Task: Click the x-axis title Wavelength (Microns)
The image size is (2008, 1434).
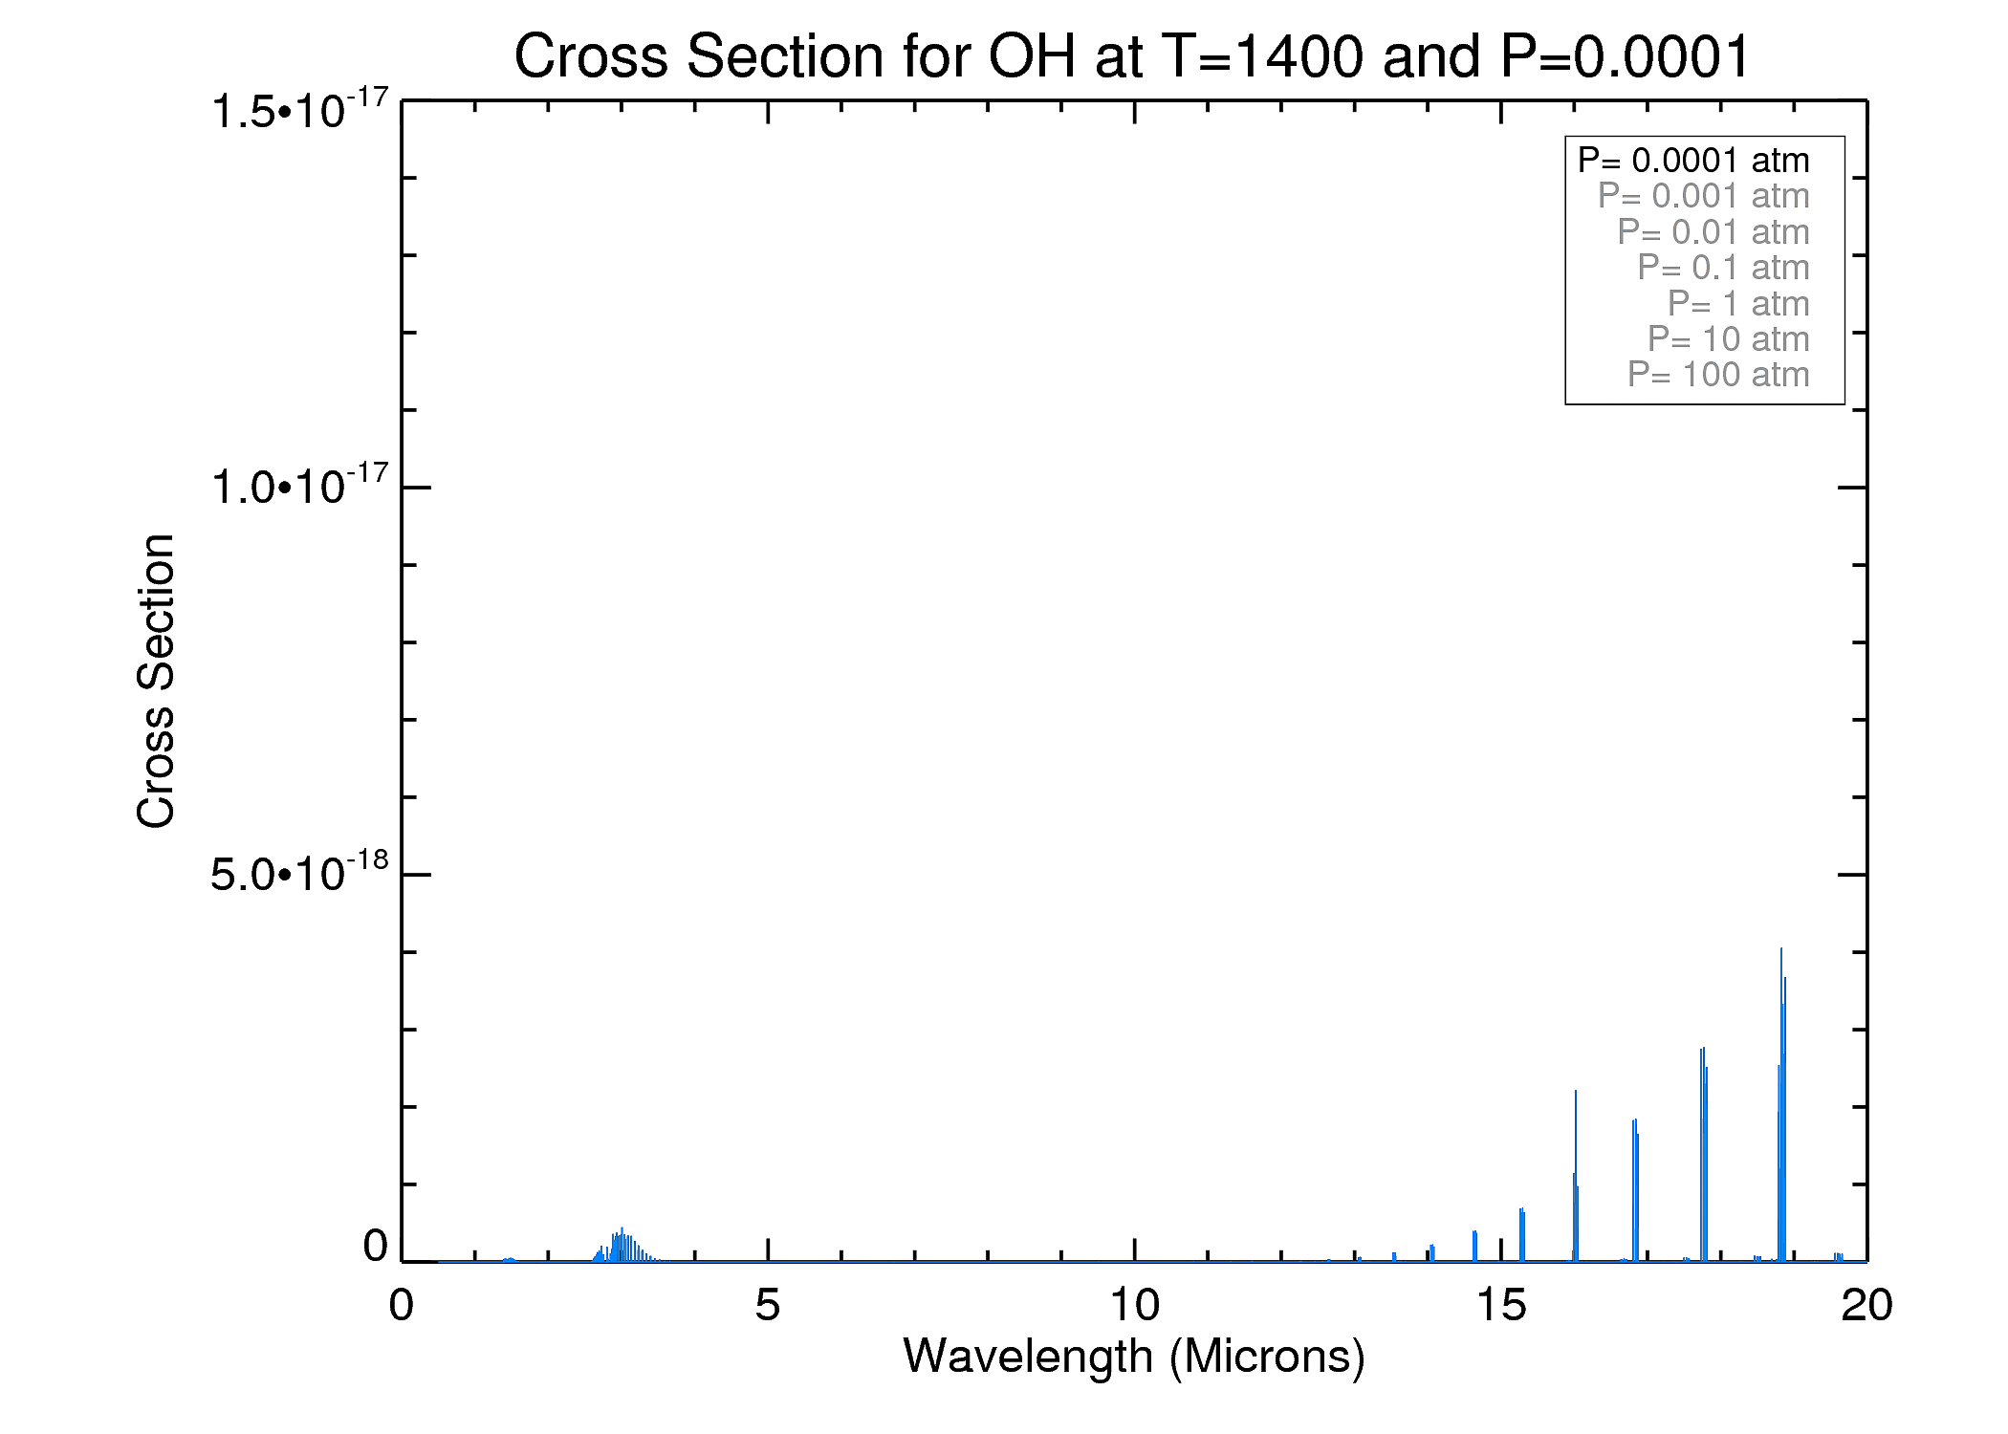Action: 1134,1356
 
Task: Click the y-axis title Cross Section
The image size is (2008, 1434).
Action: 156,681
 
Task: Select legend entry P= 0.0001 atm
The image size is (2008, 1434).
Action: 1693,161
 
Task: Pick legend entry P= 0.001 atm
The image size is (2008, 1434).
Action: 1703,196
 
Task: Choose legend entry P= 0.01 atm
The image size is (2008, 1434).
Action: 1713,232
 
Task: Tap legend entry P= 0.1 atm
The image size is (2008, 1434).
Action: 1723,268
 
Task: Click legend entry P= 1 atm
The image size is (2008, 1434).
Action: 1737,304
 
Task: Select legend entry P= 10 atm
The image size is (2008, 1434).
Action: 1728,339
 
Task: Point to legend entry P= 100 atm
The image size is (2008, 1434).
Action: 1718,375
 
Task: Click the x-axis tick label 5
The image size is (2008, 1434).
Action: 767,1305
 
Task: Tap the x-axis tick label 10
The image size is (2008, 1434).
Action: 1134,1305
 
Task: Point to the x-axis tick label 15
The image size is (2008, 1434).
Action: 1500,1305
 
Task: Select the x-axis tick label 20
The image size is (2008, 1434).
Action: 1866,1305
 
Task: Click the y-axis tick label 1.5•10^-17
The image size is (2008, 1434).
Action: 299,110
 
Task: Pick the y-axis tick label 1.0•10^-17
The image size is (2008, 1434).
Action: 299,487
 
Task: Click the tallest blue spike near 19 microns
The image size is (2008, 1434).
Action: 1781,1052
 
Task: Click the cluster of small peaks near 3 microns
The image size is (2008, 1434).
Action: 622,1246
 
